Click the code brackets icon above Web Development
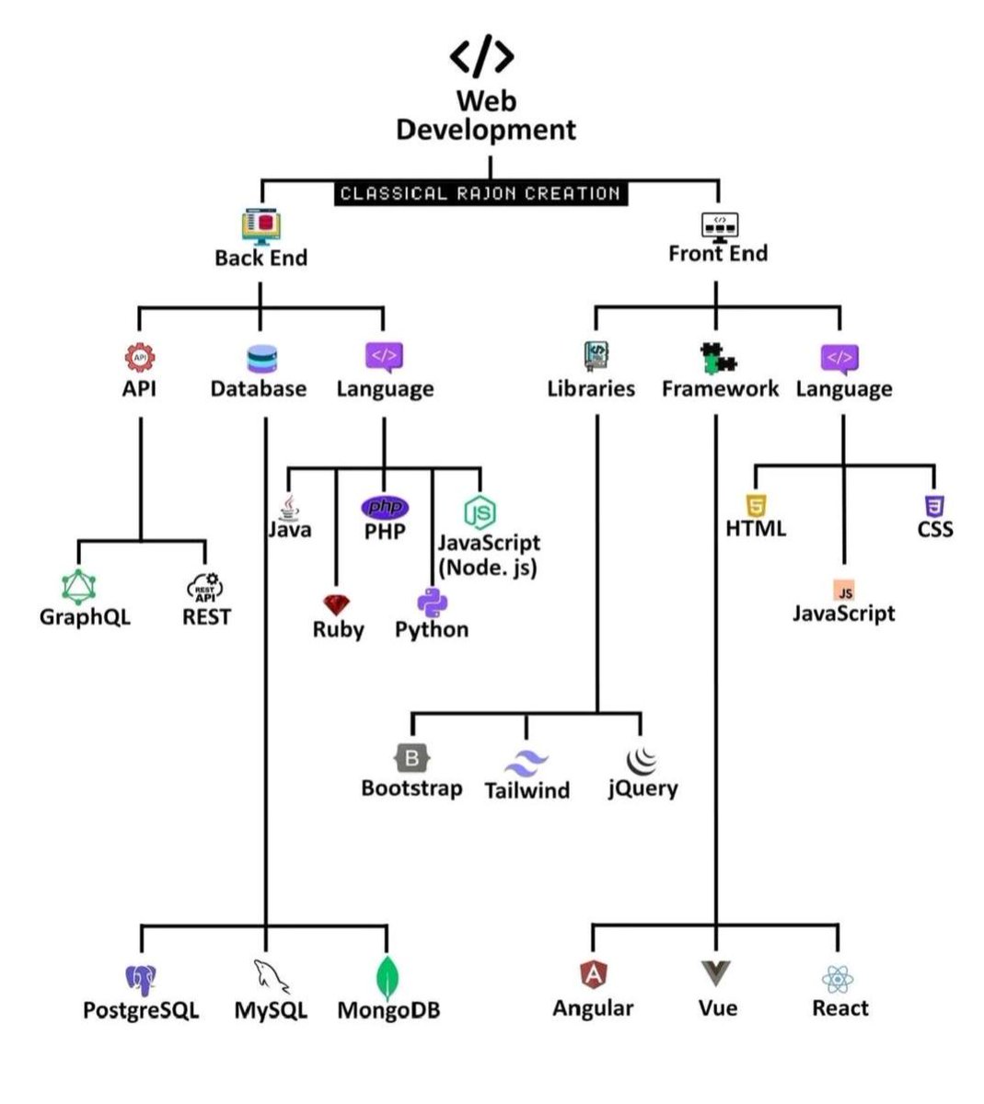coord(481,57)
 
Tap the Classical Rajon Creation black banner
coord(480,193)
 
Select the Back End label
coord(260,258)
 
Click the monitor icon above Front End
coord(720,224)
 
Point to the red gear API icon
coord(139,357)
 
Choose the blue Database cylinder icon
coord(262,358)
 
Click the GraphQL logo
coord(80,586)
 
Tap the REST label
coord(206,616)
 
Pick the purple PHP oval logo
coord(385,507)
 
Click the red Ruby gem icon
coord(337,605)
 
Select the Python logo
coord(432,603)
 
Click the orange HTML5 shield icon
coord(757,505)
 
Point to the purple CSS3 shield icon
coord(934,505)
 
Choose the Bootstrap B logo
coord(411,759)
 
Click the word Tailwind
coord(527,790)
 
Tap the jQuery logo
coord(642,760)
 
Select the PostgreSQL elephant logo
coord(140,981)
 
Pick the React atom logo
coord(839,979)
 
